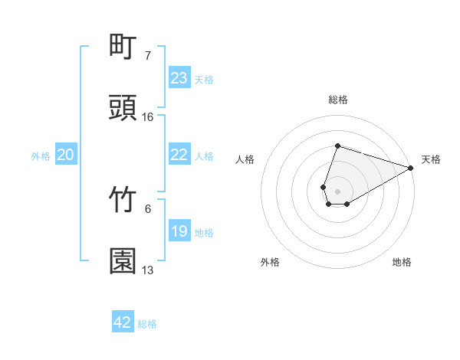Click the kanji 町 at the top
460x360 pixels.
(x=123, y=47)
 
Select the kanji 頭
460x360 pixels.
(x=123, y=108)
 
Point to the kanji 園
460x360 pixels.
(x=123, y=261)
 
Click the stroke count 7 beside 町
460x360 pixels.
(x=148, y=56)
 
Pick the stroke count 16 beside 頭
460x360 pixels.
(x=148, y=117)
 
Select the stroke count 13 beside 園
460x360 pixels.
(x=148, y=270)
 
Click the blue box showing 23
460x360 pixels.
(x=179, y=78)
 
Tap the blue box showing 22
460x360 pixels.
(x=179, y=155)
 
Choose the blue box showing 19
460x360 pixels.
(x=179, y=231)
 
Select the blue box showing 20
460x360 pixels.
(x=66, y=155)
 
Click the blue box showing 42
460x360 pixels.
(x=123, y=322)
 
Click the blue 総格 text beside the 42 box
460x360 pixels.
(x=148, y=324)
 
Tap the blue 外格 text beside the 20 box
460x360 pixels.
(x=41, y=156)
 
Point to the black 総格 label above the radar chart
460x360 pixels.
(x=337, y=100)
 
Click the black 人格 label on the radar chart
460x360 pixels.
(x=245, y=159)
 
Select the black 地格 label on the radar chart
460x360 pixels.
(x=402, y=262)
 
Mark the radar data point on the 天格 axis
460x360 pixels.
(x=410, y=167)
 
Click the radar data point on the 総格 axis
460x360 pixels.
(x=337, y=146)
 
